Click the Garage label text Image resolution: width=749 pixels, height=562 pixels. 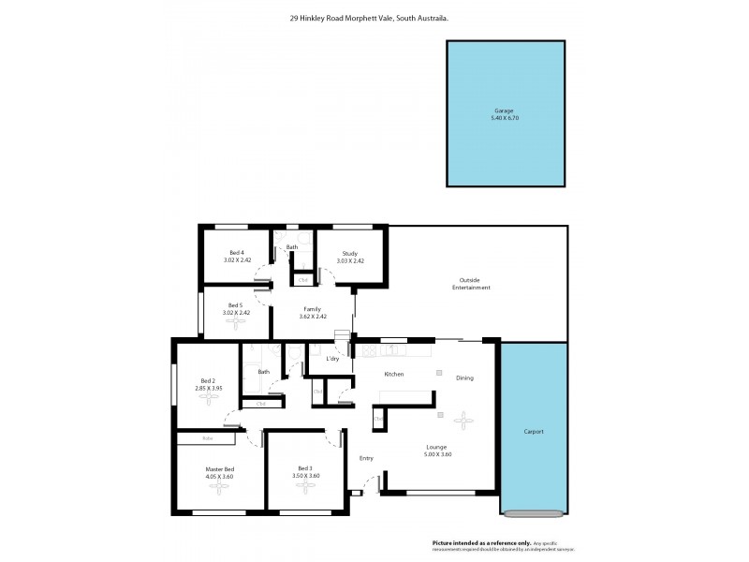(503, 111)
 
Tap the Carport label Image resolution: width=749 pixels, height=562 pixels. (533, 432)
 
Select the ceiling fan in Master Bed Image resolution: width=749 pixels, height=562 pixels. (220, 488)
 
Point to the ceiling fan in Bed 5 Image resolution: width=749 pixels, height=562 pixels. (235, 322)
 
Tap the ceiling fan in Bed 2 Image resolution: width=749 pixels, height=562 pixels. (206, 397)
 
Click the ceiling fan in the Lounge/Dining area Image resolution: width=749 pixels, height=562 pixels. (461, 419)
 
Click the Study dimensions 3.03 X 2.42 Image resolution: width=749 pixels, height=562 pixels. (351, 260)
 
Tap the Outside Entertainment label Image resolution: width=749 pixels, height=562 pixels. (474, 283)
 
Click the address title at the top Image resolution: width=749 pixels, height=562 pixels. (374, 17)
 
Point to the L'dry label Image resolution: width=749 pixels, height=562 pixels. (332, 360)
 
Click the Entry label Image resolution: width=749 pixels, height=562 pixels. (366, 458)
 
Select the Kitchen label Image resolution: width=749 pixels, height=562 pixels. (393, 374)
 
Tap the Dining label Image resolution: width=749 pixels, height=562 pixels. (464, 378)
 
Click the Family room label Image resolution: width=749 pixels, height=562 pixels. (312, 309)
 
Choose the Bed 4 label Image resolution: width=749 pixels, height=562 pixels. (237, 253)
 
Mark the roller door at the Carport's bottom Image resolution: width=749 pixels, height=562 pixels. (533, 512)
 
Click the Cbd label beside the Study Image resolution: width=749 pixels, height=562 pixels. (303, 279)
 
